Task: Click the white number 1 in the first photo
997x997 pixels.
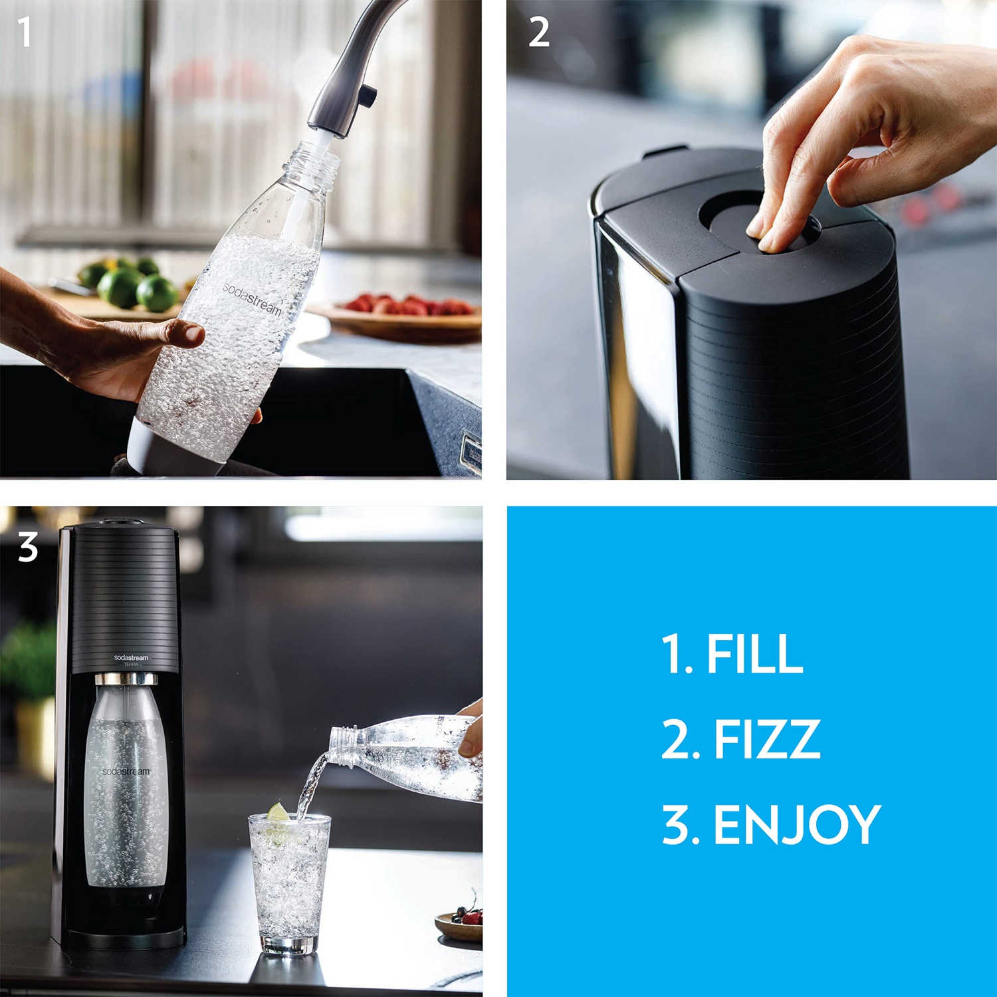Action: tap(25, 32)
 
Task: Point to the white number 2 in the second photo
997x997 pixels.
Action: tap(538, 32)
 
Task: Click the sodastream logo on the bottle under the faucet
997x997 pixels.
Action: tap(252, 298)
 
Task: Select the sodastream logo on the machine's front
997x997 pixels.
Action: tap(131, 657)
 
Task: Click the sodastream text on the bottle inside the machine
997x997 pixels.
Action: tap(126, 771)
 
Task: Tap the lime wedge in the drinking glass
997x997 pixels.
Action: tap(278, 812)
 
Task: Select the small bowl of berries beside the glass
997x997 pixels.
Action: tap(461, 924)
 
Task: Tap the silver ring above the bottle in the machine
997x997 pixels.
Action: tap(126, 679)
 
